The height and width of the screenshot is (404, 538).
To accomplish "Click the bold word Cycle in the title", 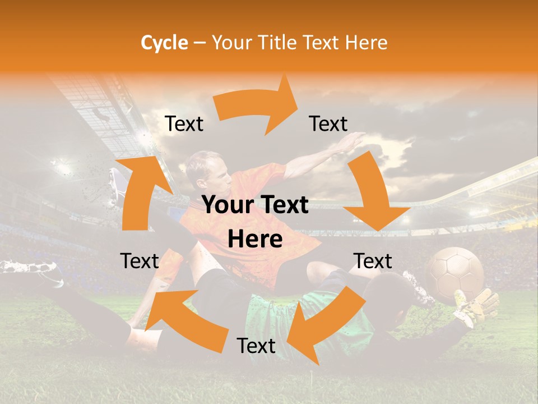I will tap(164, 43).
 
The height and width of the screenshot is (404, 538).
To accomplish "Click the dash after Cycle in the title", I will tap(199, 43).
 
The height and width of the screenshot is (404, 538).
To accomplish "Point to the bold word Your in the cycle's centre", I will tap(228, 205).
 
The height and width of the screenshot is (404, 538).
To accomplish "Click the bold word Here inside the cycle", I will tap(255, 240).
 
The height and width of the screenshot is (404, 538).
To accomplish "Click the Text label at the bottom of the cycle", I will tap(256, 346).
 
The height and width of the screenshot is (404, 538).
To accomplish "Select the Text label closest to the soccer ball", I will tap(373, 261).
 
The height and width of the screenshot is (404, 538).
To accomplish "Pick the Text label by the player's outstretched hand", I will tap(328, 124).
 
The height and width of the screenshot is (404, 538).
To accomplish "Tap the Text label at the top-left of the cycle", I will tap(184, 124).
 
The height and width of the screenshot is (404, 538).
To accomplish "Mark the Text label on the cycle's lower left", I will tap(140, 261).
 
